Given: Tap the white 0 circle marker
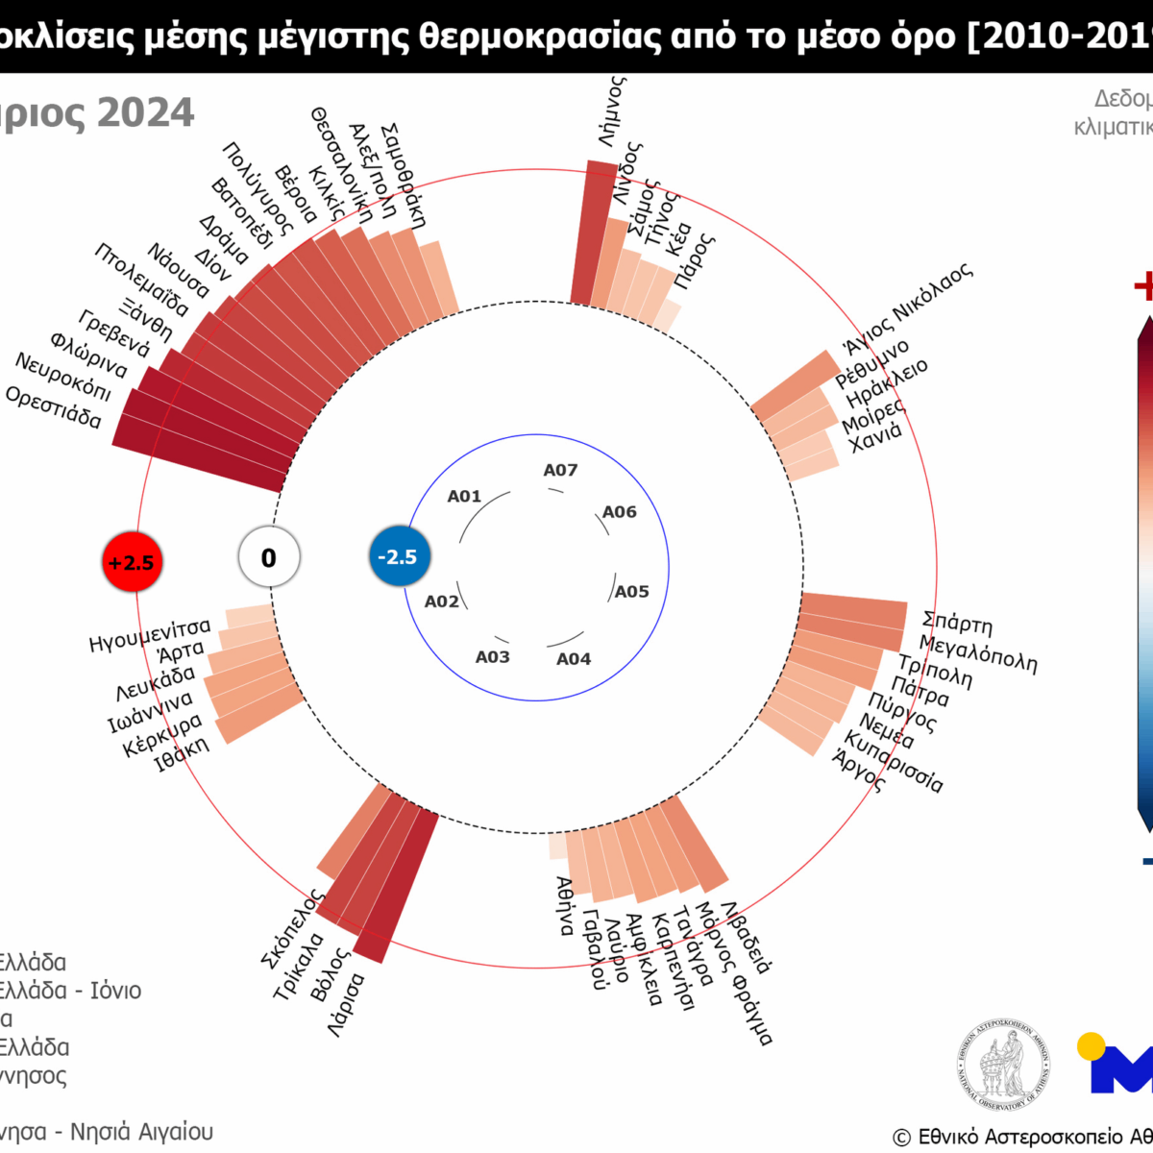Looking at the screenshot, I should coord(269,557).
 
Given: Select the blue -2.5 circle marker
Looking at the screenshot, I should coord(398,556).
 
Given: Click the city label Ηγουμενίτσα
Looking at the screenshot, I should coord(149,635).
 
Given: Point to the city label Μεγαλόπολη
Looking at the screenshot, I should coord(978,654).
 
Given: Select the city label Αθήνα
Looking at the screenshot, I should coord(566,906).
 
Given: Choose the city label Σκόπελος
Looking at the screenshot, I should coord(291,927).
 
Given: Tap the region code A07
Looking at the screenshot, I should coord(560,470).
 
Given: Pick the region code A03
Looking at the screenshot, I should coord(492,656).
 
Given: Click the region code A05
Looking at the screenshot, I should coord(631,591).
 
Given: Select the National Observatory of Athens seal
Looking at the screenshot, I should coord(1003,1066).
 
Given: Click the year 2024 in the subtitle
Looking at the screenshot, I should coord(145,113).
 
